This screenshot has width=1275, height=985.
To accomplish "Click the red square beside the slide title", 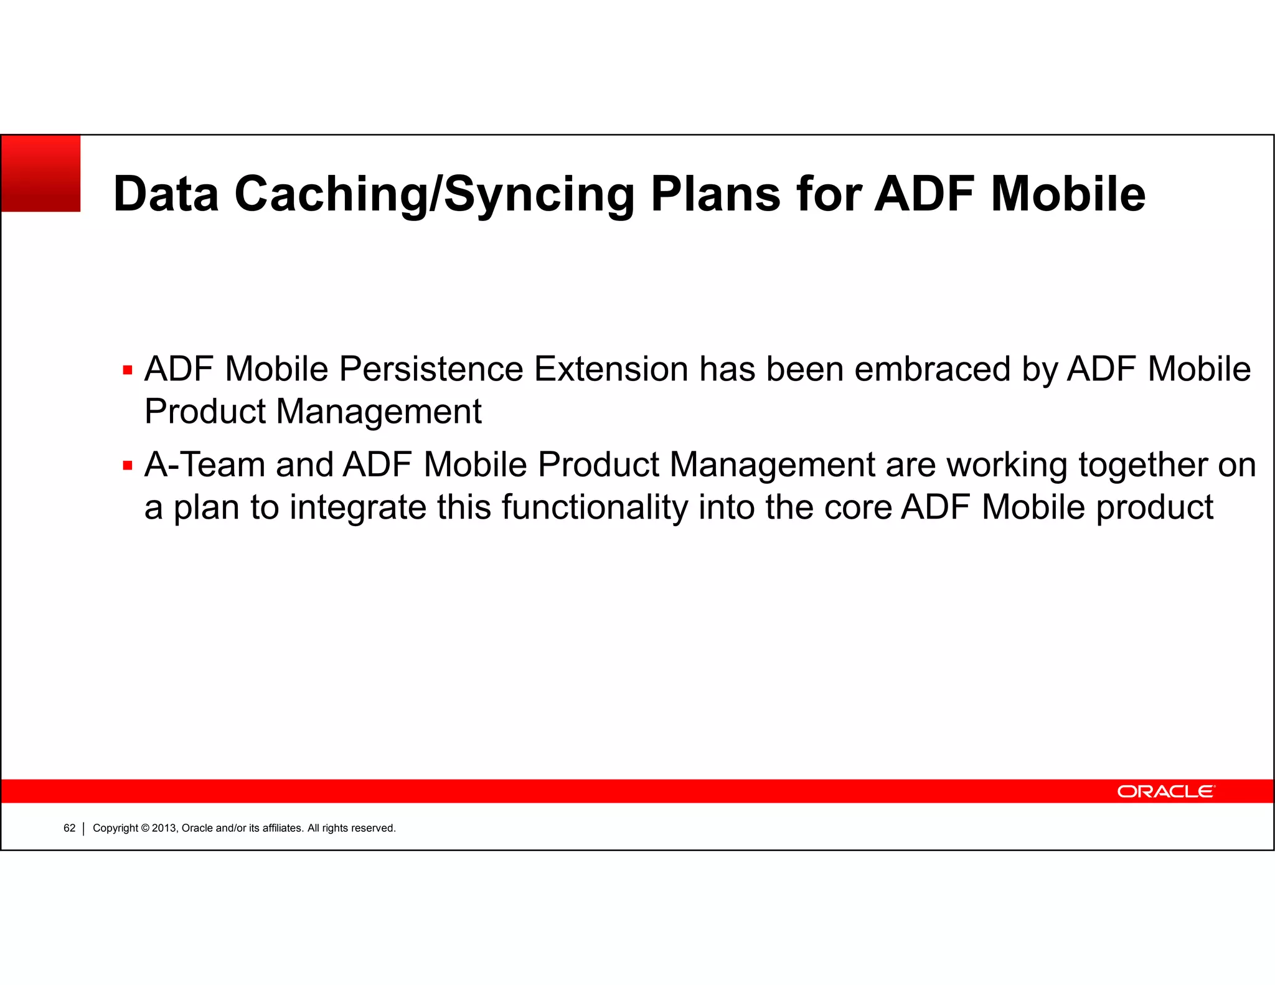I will [41, 174].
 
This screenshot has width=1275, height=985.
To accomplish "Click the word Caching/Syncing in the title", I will [434, 194].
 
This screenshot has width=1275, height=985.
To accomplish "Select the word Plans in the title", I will [715, 194].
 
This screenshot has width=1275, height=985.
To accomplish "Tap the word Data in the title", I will [166, 194].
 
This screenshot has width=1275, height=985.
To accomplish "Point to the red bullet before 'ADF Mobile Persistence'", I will [128, 371].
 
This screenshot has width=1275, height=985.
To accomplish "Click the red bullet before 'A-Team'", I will [128, 466].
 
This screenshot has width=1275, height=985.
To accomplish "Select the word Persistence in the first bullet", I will [431, 369].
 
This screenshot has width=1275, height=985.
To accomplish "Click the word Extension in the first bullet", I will [611, 369].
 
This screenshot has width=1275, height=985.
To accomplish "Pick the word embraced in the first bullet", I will [932, 369].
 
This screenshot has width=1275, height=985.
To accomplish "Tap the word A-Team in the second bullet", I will [205, 465].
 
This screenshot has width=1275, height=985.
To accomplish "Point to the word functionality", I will [595, 508].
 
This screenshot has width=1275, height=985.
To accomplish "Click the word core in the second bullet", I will [858, 508].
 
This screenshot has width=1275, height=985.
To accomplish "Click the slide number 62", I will [69, 828].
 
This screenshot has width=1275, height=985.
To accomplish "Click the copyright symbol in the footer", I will [146, 828].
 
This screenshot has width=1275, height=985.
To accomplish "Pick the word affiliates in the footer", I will [283, 828].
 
